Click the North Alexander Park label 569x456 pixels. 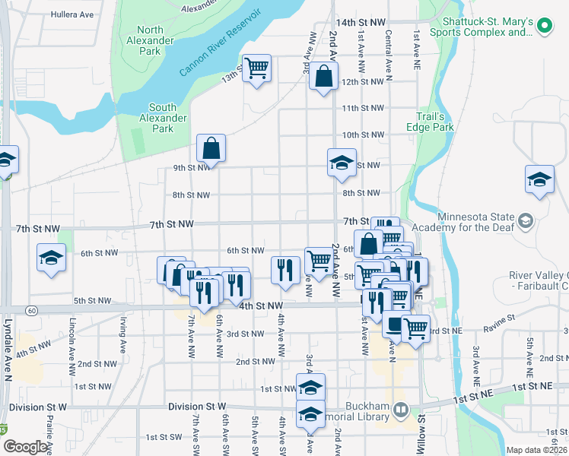tap(150, 40)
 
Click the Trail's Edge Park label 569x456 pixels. tap(435, 122)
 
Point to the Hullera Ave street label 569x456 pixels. tap(73, 14)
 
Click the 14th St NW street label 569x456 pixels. tap(361, 24)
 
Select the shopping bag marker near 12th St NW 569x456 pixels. tap(323, 77)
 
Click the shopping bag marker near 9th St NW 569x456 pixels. tap(211, 148)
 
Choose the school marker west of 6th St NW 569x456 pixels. tap(52, 258)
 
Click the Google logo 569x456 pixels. tap(26, 447)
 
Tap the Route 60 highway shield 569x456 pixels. tap(31, 310)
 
